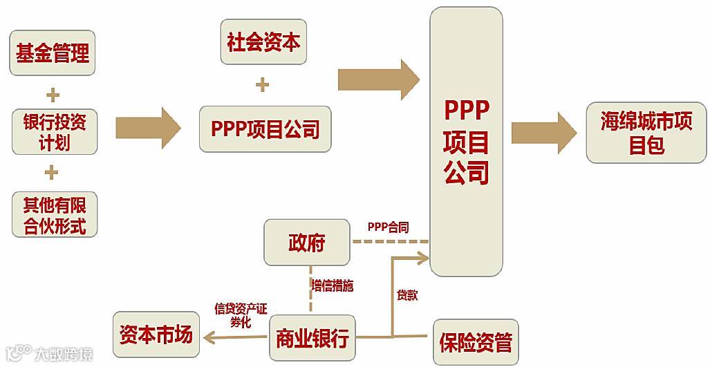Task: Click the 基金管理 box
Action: point(53,53)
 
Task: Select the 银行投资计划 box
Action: point(54,132)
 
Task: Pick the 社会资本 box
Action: point(263,42)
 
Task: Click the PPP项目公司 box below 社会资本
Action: point(265,129)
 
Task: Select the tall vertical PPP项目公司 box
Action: point(466,142)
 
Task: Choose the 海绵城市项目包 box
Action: point(646,133)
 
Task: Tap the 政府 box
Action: point(306,243)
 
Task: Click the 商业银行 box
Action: point(312,338)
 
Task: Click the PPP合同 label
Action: point(388,227)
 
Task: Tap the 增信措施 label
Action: point(333,285)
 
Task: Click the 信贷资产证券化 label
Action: point(240,314)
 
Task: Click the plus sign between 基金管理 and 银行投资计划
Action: point(53,94)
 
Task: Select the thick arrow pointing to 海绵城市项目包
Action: point(543,132)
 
